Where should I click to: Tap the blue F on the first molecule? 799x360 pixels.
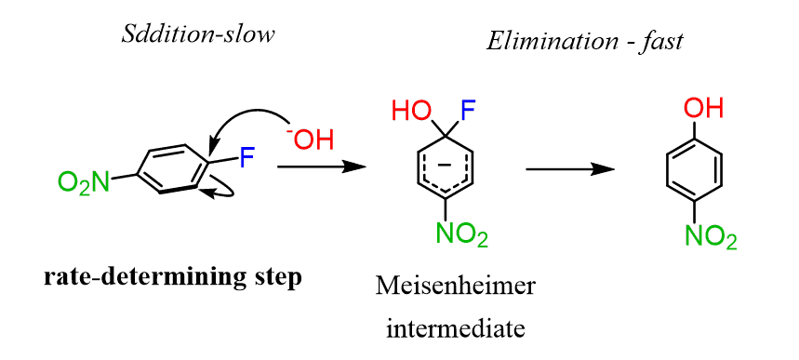(246, 157)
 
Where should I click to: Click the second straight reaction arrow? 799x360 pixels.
(569, 169)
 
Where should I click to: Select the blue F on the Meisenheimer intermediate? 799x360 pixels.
(468, 113)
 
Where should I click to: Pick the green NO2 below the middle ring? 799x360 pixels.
(457, 235)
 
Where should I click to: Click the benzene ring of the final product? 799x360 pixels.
(694, 171)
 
